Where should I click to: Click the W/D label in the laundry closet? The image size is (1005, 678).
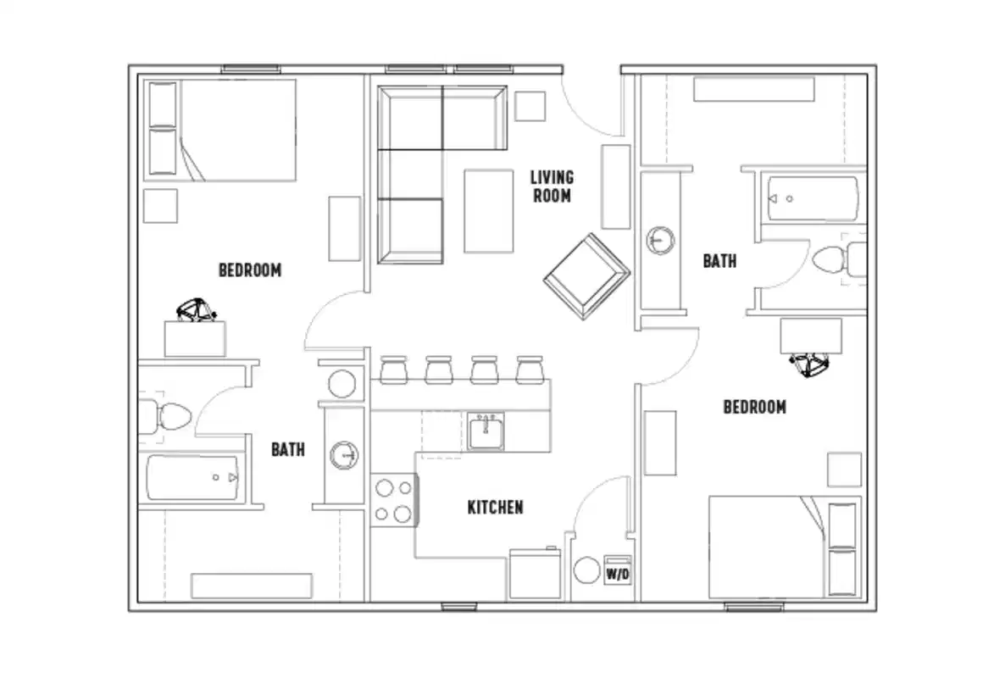pos(617,574)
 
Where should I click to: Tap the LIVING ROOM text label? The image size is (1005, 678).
pos(551,186)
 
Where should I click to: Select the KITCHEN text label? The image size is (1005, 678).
pos(495,508)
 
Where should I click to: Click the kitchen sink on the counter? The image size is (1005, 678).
pos(486,431)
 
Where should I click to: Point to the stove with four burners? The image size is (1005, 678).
pos(393,500)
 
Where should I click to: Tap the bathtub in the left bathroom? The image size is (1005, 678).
pos(193,478)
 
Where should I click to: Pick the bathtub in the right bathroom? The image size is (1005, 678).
pos(811,199)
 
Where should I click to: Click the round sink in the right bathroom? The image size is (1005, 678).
pos(660,240)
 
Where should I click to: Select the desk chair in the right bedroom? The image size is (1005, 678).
pos(808,364)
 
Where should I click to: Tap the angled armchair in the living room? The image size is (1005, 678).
pos(586,276)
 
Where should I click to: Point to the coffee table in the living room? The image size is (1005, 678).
pos(488,211)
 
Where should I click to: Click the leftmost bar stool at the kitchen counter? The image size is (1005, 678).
pos(393,370)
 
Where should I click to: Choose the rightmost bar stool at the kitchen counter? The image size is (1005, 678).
pos(529,370)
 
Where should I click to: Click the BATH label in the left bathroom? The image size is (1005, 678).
pos(288,449)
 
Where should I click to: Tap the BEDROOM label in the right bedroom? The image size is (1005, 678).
pos(754,407)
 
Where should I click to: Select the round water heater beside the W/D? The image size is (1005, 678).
pos(586,570)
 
